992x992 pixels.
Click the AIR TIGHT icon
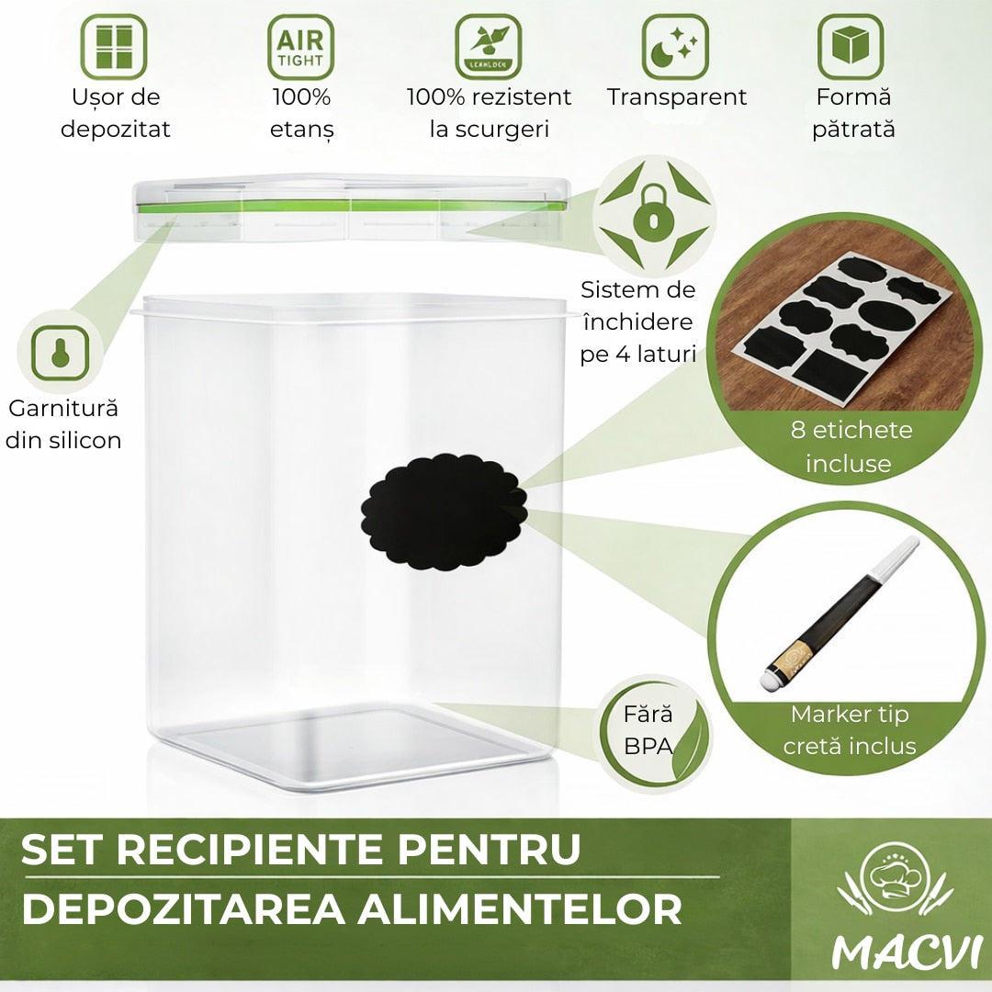pyautogui.click(x=300, y=47)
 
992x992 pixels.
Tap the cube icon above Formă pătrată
pyautogui.click(x=851, y=47)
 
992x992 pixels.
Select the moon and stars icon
pyautogui.click(x=675, y=47)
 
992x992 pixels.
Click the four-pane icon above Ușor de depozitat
pyautogui.click(x=114, y=47)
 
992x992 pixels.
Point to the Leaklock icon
pyautogui.click(x=489, y=47)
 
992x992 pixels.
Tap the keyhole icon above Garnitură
pyautogui.click(x=60, y=353)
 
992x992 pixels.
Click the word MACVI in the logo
pyautogui.click(x=906, y=951)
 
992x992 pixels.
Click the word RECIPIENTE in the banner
pyautogui.click(x=250, y=849)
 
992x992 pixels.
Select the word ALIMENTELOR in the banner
pyautogui.click(x=519, y=909)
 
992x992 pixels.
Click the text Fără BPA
pyautogui.click(x=648, y=730)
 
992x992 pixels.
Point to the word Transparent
pyautogui.click(x=676, y=96)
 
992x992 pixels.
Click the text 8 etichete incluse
pyautogui.click(x=851, y=446)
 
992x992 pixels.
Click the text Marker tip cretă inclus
pyautogui.click(x=850, y=730)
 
